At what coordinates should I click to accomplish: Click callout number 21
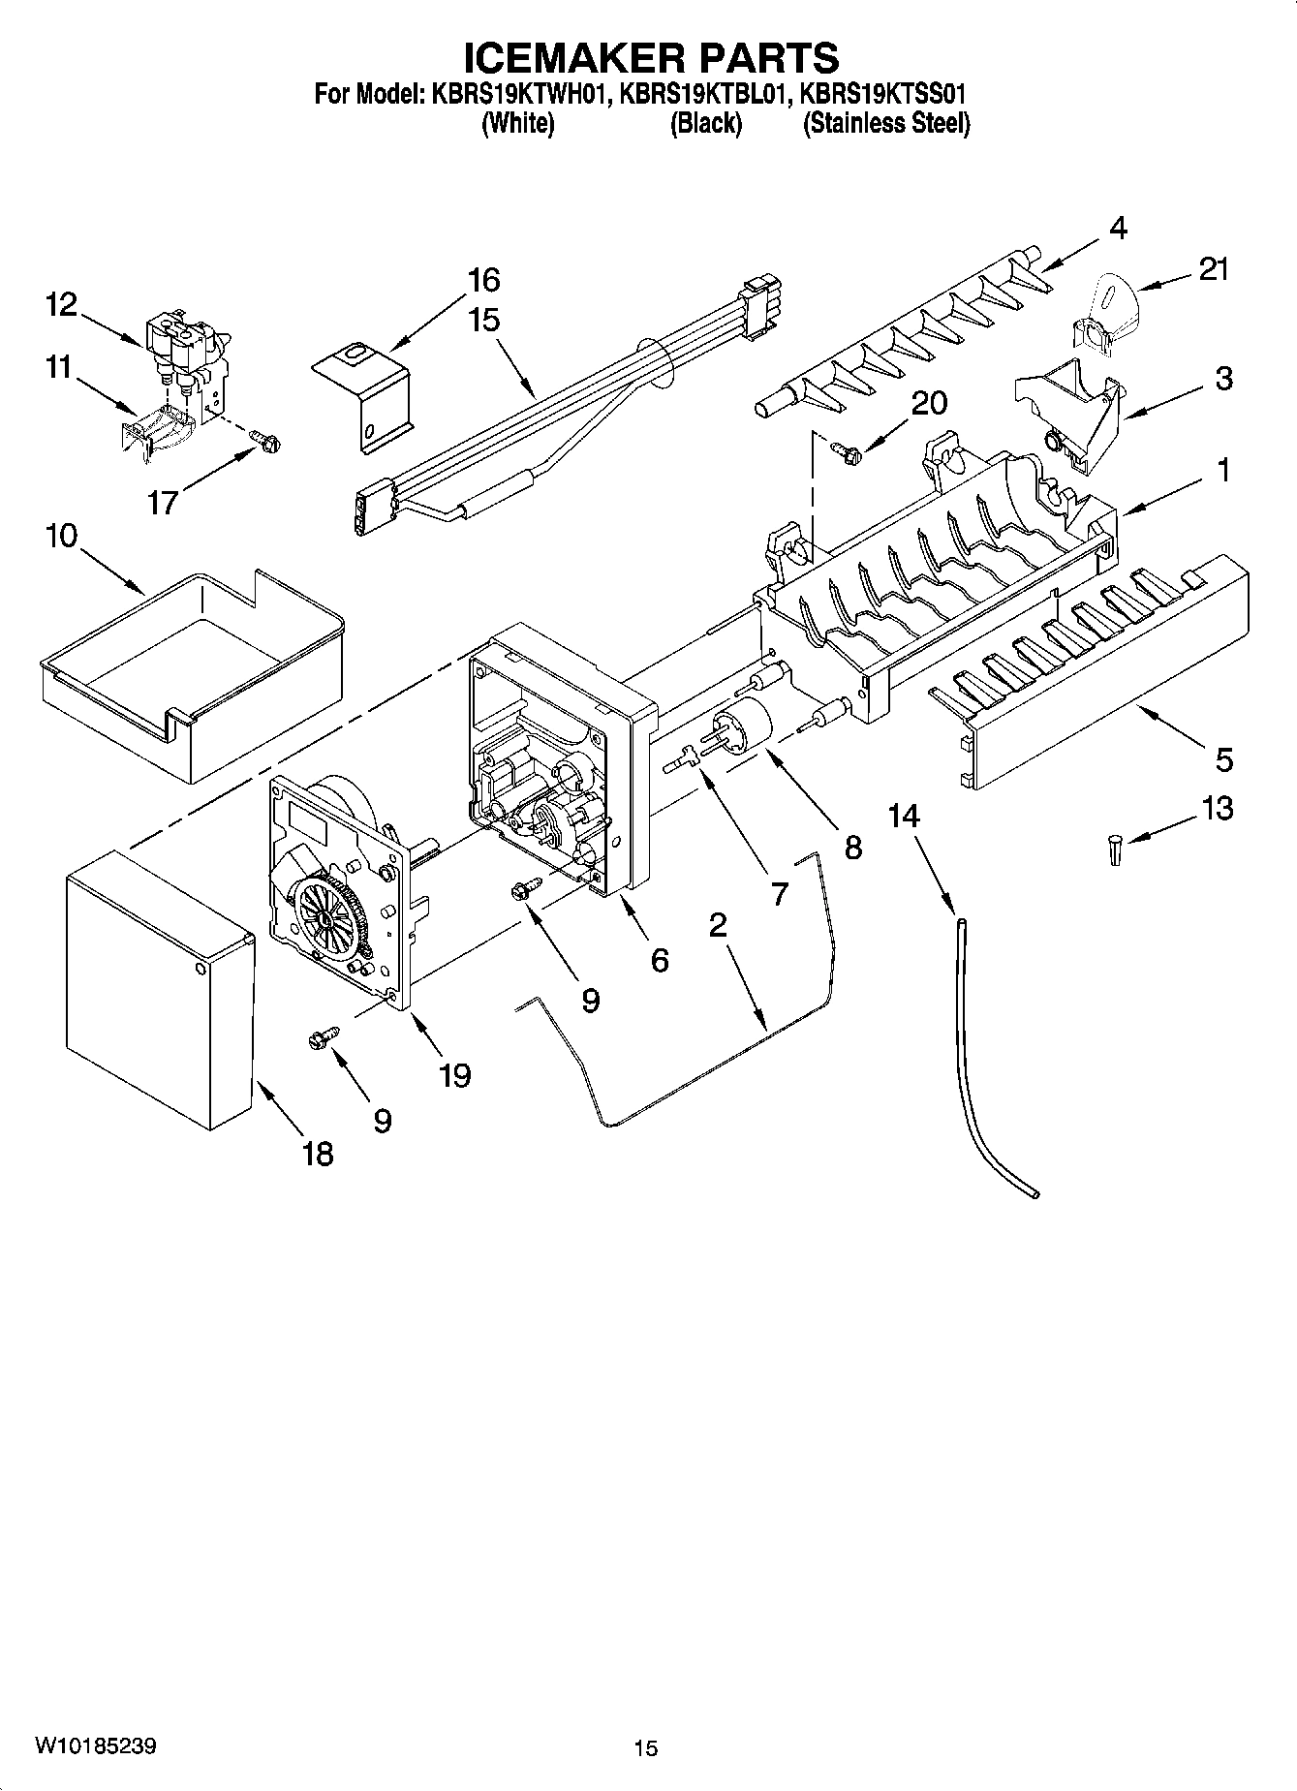click(1214, 269)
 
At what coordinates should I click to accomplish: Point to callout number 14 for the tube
click(904, 816)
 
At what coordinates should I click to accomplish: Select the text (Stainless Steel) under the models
click(885, 124)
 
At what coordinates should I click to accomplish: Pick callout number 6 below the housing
click(660, 960)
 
